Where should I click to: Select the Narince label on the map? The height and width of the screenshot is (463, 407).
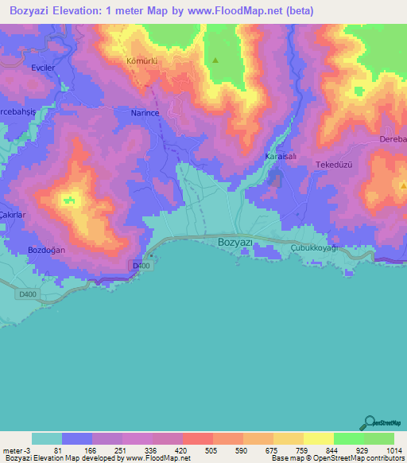tap(145, 114)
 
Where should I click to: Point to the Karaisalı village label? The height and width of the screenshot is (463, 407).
tap(280, 158)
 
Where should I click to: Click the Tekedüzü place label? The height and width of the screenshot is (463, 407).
tap(334, 164)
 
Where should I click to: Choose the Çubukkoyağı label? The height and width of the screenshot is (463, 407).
tap(314, 249)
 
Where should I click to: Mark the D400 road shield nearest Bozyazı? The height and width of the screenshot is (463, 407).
tap(141, 266)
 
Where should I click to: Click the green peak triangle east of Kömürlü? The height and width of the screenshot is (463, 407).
tap(215, 60)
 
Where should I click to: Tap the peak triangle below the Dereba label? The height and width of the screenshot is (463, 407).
tap(403, 185)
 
